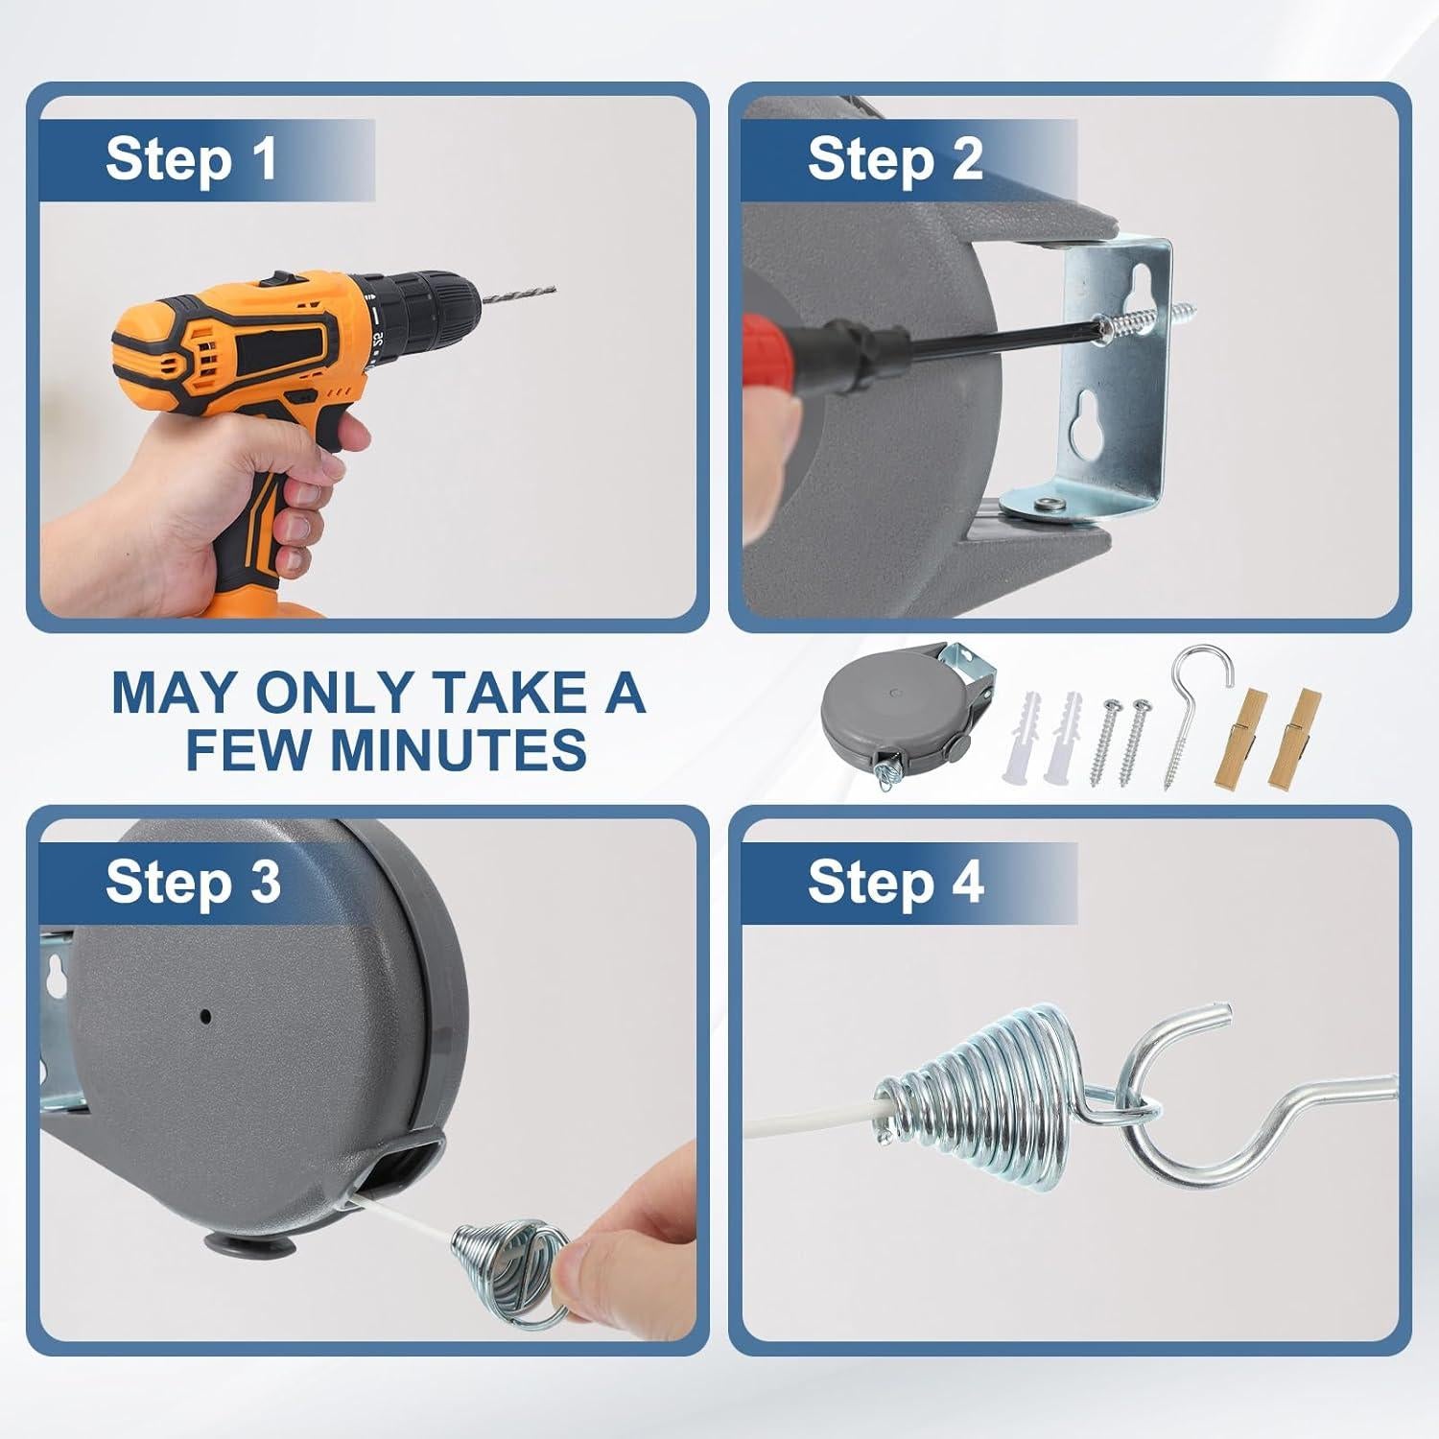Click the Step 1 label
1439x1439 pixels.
pyautogui.click(x=192, y=158)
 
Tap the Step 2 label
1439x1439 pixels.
pyautogui.click(x=895, y=158)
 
